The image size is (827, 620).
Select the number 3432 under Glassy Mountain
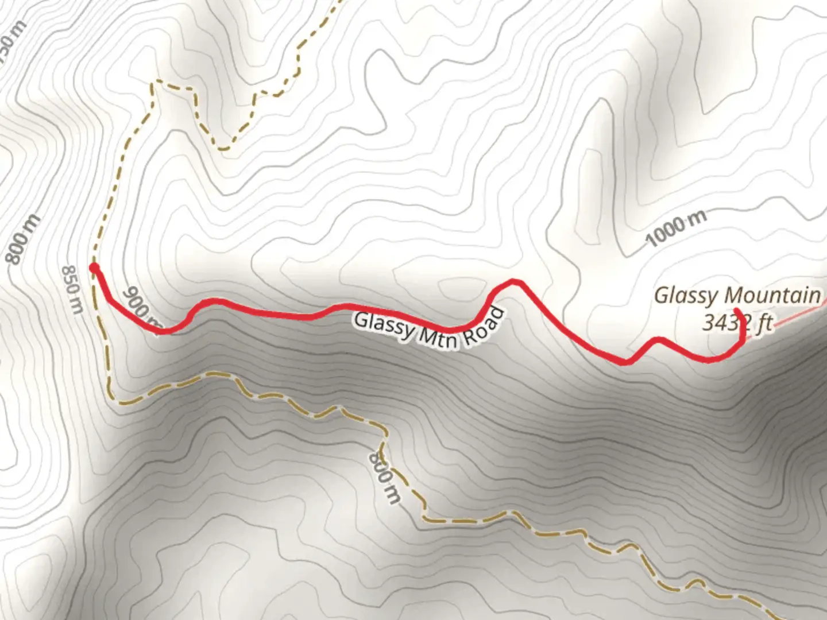tap(725, 323)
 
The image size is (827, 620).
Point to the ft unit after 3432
tap(764, 324)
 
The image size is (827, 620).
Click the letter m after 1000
tap(697, 219)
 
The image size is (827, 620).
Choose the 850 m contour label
tap(72, 289)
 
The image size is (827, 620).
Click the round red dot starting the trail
tap(94, 268)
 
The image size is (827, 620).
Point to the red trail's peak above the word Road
tap(515, 281)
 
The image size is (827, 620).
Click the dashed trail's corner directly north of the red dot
tap(153, 84)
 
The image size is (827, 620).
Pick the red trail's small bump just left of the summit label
tap(658, 340)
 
